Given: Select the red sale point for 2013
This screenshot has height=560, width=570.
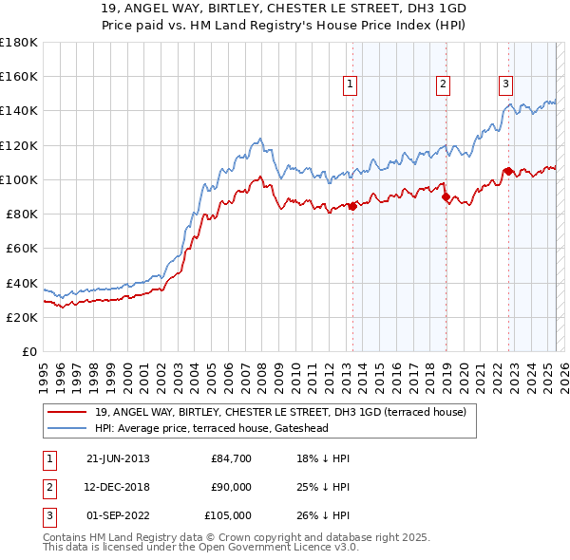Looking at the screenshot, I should pyautogui.click(x=352, y=206).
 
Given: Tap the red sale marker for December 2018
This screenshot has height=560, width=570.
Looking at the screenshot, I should pyautogui.click(x=446, y=196).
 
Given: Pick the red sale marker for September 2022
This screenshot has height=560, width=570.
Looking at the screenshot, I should pyautogui.click(x=508, y=171).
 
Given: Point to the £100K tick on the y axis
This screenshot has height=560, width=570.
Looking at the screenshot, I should pyautogui.click(x=20, y=179).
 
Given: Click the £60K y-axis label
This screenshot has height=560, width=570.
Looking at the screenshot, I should pyautogui.click(x=23, y=249).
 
